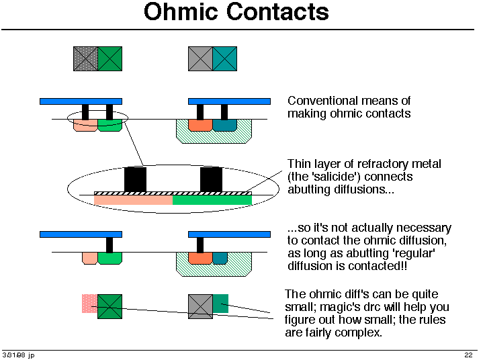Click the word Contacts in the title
click(277, 11)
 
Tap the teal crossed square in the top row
click(225, 58)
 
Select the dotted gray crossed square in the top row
click(85, 58)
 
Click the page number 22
click(468, 355)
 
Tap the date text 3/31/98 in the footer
click(14, 355)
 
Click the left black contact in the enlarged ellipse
click(135, 180)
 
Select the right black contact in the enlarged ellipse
click(211, 180)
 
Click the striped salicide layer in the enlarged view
click(173, 193)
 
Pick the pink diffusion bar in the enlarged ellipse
click(133, 200)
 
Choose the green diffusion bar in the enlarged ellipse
click(212, 200)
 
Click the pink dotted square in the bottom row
click(90, 304)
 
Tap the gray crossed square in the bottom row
click(200, 306)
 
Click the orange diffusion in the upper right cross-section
click(200, 125)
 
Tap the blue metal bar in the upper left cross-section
click(81, 101)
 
